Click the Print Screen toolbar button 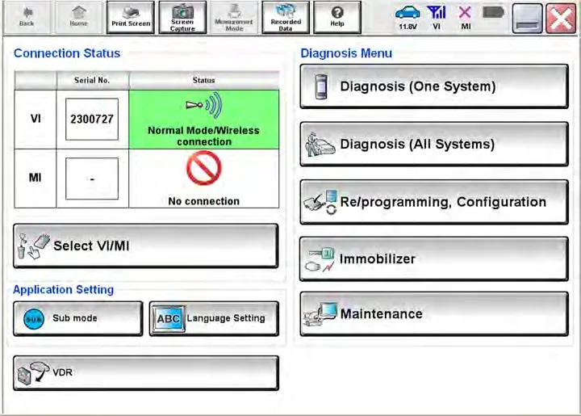click(131, 18)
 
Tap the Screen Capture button click(182, 18)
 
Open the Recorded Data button click(286, 18)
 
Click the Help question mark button click(337, 18)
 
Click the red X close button click(561, 19)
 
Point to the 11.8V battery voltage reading click(408, 27)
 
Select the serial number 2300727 click(92, 119)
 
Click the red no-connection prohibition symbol click(204, 170)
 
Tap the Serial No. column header click(92, 80)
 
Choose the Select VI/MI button click(145, 246)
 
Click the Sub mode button click(77, 318)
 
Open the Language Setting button click(214, 318)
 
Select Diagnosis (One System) click(434, 86)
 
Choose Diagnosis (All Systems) click(434, 144)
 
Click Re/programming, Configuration click(434, 202)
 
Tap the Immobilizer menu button click(434, 258)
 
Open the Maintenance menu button click(434, 314)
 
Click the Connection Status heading click(67, 53)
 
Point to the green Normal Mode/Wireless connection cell click(204, 120)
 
